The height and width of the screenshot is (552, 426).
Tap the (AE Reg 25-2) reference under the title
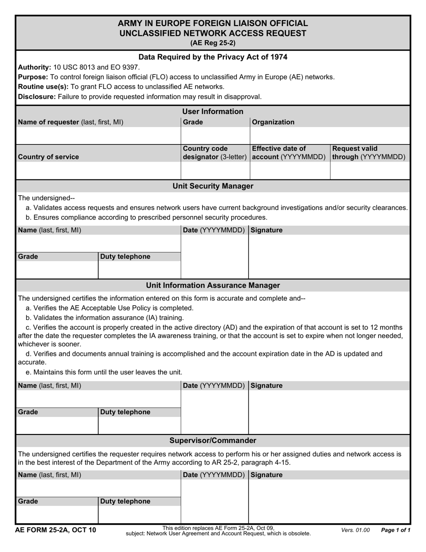pos(213,43)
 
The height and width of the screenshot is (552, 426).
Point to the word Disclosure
pos(37,96)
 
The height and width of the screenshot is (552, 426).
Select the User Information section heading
pos(213,111)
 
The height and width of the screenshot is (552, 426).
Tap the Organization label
pos(273,122)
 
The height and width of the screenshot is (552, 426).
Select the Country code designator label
pos(214,153)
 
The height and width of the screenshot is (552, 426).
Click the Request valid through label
pos(369,153)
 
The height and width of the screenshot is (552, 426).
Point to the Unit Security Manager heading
pos(213,186)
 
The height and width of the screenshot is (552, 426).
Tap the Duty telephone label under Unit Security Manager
pos(125,257)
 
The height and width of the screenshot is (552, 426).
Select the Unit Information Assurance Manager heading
pos(213,285)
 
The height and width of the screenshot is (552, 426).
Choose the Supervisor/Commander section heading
pos(213,440)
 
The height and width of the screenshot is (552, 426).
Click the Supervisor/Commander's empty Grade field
pos(57,514)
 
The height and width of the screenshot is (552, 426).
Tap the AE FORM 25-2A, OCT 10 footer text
pos(56,530)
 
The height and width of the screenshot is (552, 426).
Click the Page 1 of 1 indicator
pos(396,530)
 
